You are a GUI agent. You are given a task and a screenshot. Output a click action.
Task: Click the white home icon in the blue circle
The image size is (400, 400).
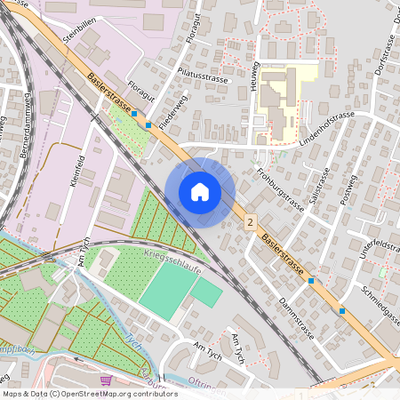tap(200, 191)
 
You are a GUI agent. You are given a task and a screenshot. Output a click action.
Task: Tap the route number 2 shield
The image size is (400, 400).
tap(252, 221)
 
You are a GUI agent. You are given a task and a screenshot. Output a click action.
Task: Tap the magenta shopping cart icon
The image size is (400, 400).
tap(107, 380)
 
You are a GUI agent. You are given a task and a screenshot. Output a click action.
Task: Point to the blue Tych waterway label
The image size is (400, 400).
tap(133, 343)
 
